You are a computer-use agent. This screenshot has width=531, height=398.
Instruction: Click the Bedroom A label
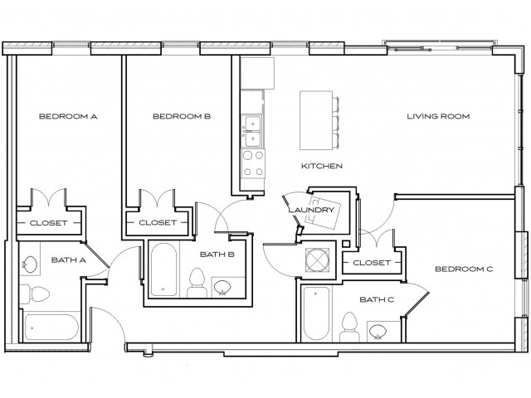click(69, 117)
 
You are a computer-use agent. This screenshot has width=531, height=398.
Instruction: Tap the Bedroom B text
click(182, 117)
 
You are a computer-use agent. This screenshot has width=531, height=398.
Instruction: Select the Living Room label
click(438, 117)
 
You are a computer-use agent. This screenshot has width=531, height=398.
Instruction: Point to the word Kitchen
click(322, 166)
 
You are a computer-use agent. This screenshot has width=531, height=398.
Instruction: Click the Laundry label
click(311, 210)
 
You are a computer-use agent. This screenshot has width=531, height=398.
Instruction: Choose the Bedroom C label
click(465, 269)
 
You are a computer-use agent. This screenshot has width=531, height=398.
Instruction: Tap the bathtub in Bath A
click(49, 326)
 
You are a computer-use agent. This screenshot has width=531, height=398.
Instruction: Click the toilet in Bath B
click(197, 283)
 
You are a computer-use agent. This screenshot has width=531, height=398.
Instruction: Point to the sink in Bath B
click(223, 288)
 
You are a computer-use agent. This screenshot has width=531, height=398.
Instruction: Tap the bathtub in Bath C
click(316, 313)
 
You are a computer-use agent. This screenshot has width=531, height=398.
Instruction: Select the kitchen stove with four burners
click(252, 163)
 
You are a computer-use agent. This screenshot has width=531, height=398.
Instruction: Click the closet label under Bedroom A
click(48, 223)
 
